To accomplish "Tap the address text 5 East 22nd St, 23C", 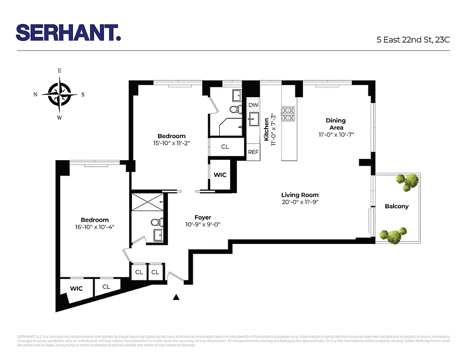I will (x=413, y=39).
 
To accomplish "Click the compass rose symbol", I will (x=59, y=94).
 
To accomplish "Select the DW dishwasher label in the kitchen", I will (x=253, y=105).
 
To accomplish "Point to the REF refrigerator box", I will (x=253, y=152).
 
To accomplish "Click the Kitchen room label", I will (x=267, y=129).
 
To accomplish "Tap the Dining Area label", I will (x=336, y=124).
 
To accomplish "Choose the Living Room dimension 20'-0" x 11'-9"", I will (x=300, y=202).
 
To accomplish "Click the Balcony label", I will (x=397, y=207).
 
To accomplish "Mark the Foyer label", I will (x=203, y=217).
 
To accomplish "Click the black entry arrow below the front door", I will (x=176, y=297).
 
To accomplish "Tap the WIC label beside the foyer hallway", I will (x=220, y=175).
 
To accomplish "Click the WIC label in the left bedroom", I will (x=76, y=288).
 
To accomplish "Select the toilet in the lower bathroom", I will (x=156, y=222).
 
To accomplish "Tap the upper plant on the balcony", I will (x=408, y=181).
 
